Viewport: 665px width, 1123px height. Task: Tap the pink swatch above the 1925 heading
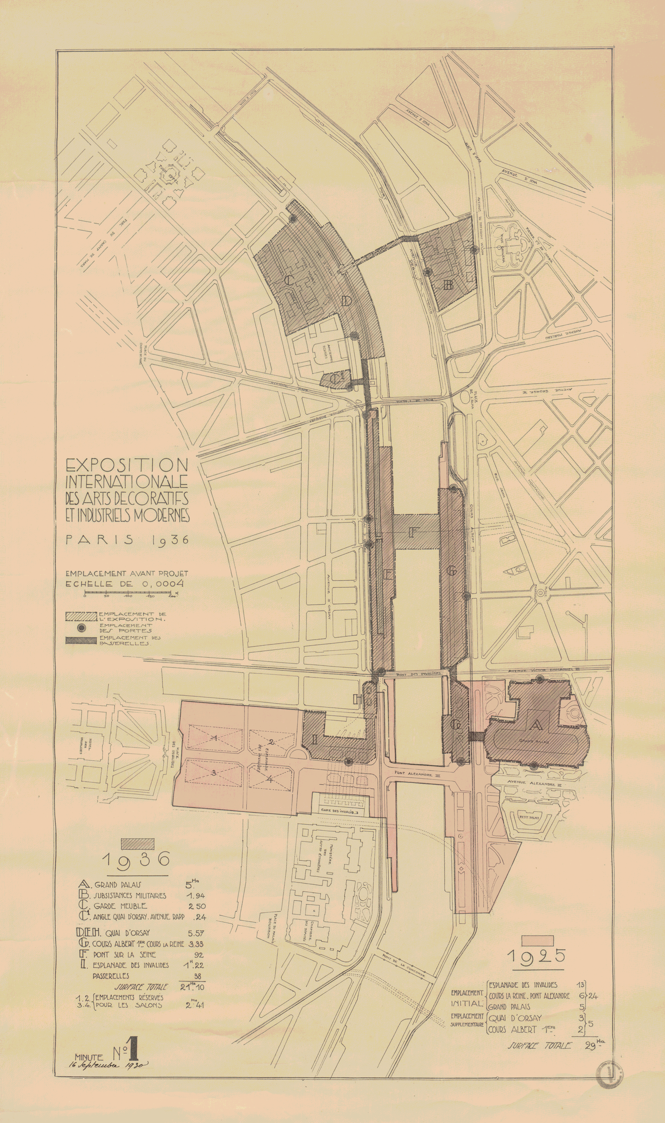pyautogui.click(x=538, y=939)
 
